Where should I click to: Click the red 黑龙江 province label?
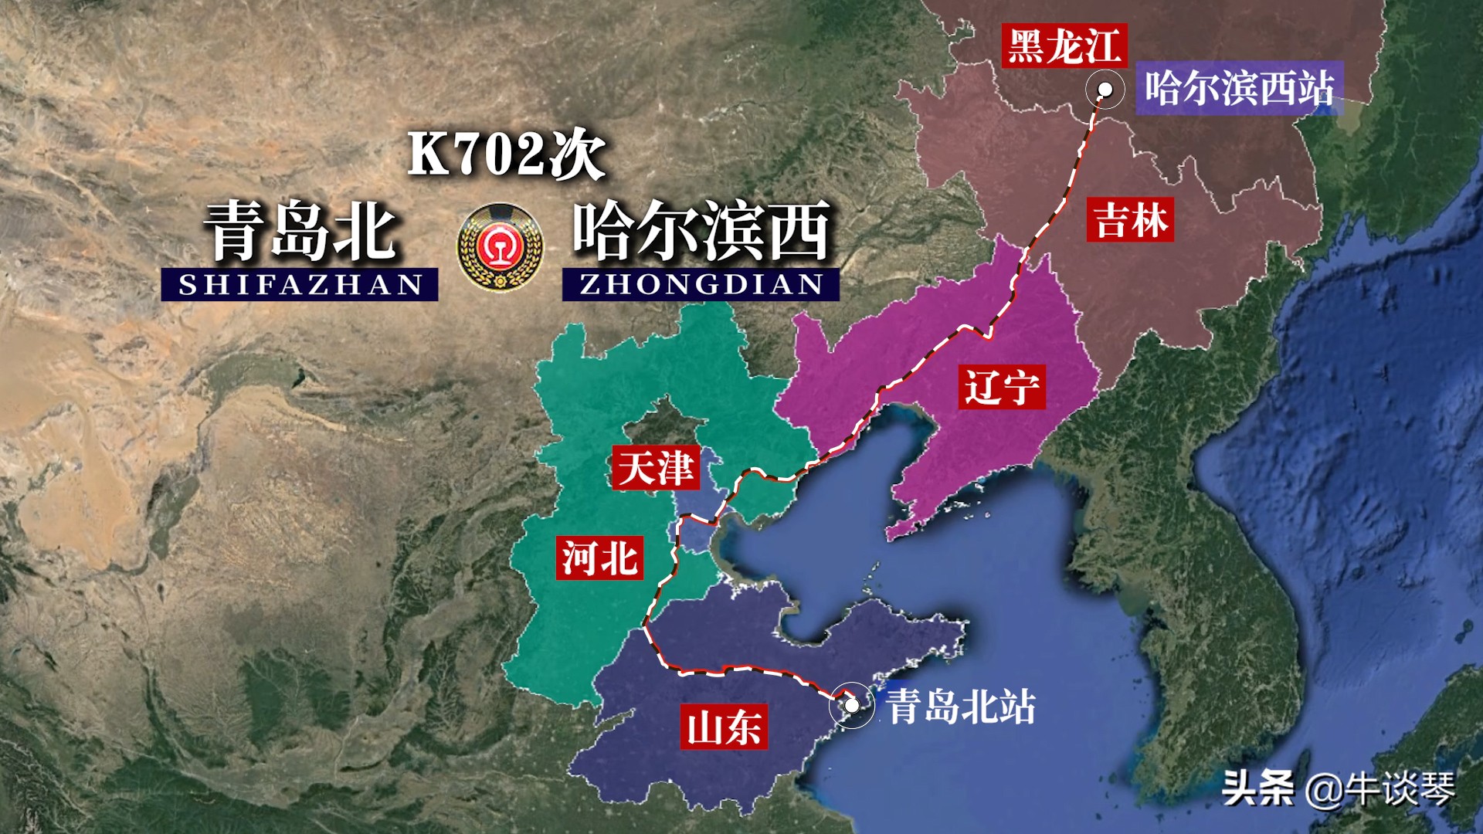(1064, 46)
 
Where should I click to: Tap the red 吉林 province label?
(1130, 220)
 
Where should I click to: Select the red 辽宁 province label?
(1002, 387)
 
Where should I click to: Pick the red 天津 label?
(655, 468)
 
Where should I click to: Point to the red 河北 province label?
(599, 558)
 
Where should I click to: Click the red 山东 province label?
(724, 727)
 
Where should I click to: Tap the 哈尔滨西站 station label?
(1239, 88)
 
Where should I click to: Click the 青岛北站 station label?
(961, 706)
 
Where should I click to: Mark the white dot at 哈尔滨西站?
(1105, 90)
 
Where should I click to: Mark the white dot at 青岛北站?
(852, 705)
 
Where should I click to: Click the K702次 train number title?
(506, 154)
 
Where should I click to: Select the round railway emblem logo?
(500, 248)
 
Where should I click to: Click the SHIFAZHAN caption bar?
(300, 284)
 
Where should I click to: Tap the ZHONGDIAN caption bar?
(701, 284)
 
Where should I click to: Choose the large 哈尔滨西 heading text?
(701, 231)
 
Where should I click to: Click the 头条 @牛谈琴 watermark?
(1338, 788)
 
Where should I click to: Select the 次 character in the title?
(576, 154)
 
